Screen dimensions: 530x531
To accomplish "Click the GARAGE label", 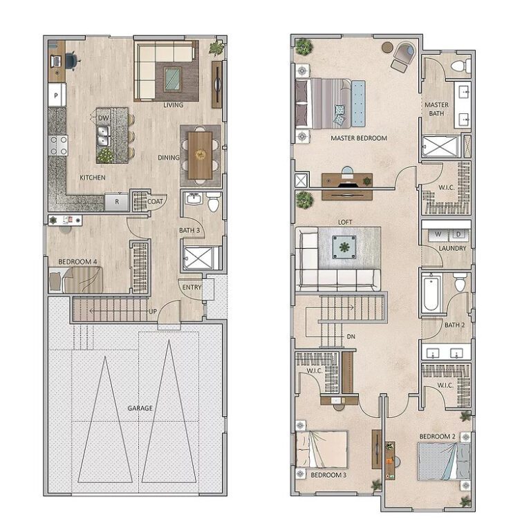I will coord(140,408).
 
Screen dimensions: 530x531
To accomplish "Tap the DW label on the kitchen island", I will coord(103,118).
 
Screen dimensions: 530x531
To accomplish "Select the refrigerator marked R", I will coord(116,202).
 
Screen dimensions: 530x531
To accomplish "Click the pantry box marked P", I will coord(56,93).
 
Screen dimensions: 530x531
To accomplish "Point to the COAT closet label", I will coord(156,202).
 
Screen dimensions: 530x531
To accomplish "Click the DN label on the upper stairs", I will coord(352,337).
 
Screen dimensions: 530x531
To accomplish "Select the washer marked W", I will coord(438,233).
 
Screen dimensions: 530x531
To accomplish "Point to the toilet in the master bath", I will coord(458,66).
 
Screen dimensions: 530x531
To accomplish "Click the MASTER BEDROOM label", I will coord(358,138).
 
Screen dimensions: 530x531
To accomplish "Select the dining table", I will coord(201,153).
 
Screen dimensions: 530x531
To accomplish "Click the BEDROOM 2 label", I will coord(437,436).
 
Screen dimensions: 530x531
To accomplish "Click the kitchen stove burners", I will coord(58,144).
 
